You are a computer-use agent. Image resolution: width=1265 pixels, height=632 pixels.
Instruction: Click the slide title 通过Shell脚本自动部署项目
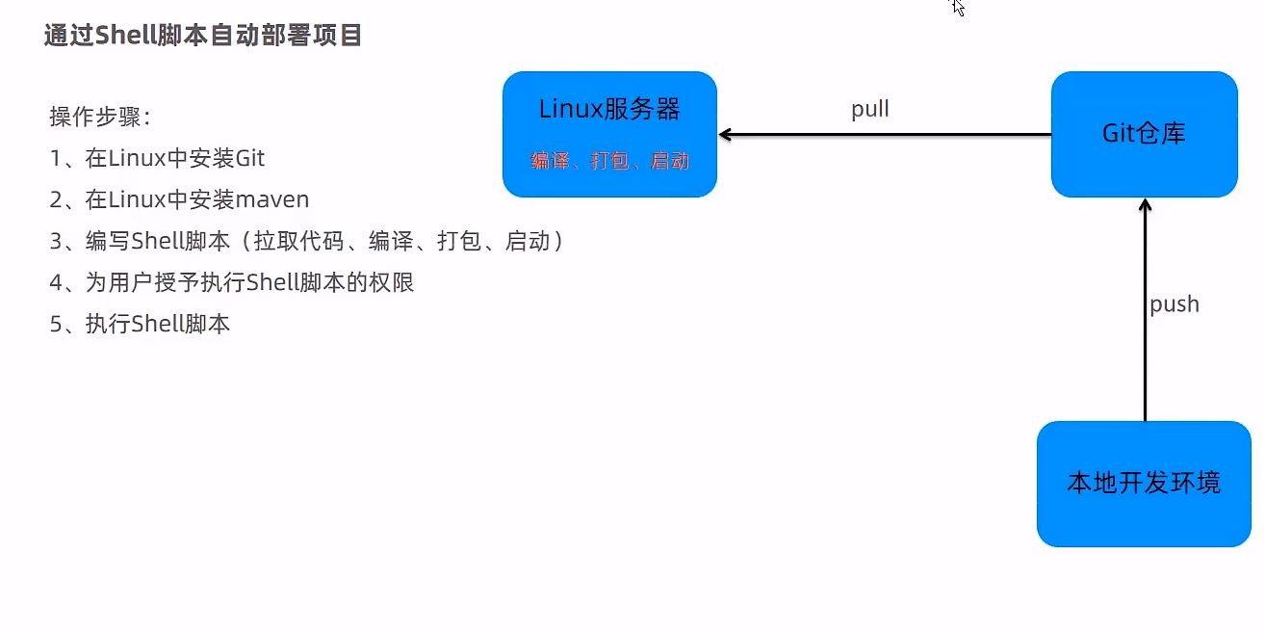point(203,36)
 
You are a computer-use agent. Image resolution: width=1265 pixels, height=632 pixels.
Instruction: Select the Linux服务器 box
point(609,133)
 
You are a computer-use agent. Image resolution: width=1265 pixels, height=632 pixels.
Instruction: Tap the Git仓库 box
point(1144,133)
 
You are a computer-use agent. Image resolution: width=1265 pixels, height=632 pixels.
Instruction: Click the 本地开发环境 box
point(1144,483)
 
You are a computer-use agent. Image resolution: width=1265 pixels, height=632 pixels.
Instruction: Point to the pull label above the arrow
point(870,110)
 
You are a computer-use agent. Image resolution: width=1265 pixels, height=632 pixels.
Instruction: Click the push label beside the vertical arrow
point(1175,304)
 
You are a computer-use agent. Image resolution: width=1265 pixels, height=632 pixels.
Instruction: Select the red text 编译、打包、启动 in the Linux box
point(609,161)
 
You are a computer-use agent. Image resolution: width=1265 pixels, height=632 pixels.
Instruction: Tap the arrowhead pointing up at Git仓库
point(1145,205)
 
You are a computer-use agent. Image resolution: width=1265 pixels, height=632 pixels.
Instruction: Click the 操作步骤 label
point(100,118)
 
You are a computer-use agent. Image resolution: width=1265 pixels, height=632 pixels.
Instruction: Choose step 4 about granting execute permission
point(232,282)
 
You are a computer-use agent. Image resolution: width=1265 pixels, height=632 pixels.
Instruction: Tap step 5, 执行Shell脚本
point(140,324)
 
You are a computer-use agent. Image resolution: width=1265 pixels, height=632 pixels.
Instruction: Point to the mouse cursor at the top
point(957,7)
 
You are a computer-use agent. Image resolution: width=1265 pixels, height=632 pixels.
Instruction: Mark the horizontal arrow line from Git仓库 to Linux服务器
point(886,136)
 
